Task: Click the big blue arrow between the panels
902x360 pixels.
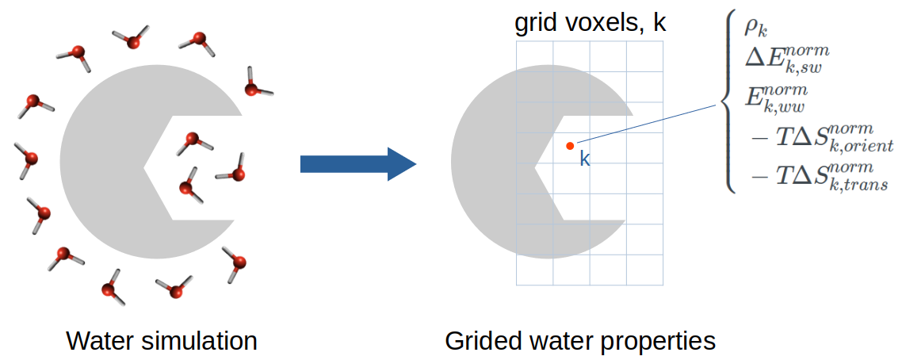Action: [x=357, y=164]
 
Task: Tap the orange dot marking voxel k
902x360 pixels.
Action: [x=569, y=145]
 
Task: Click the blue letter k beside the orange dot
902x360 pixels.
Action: [x=584, y=159]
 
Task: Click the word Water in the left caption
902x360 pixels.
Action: [x=100, y=341]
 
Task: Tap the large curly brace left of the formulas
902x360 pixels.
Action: [x=726, y=103]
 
